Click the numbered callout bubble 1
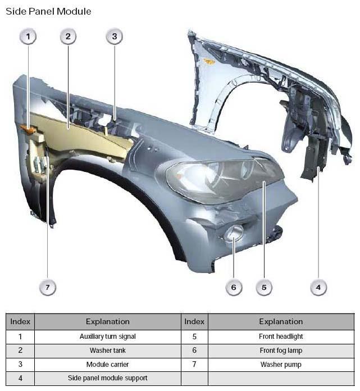[x=28, y=37]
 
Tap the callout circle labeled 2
[x=68, y=37]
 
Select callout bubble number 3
[x=115, y=37]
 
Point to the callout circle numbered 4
[x=318, y=287]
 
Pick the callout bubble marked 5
[x=264, y=287]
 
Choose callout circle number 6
[x=234, y=287]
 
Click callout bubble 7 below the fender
[x=48, y=287]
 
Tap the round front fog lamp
[x=234, y=233]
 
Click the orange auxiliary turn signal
[x=28, y=129]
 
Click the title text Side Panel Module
[x=48, y=11]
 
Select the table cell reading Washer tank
[x=108, y=351]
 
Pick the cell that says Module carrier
[x=108, y=365]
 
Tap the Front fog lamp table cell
[x=281, y=351]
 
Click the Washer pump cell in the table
[x=281, y=365]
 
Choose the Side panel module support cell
[x=108, y=378]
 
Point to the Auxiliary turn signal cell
[x=108, y=337]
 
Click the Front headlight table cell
[x=281, y=337]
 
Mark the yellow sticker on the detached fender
[x=209, y=61]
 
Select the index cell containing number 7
[x=194, y=365]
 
